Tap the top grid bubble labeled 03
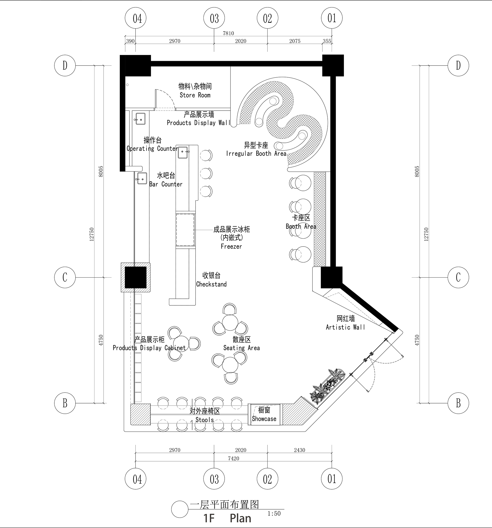(x=214, y=18)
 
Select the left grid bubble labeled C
(x=65, y=278)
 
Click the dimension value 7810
(x=228, y=33)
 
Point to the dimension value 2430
(x=299, y=450)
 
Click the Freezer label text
(x=231, y=247)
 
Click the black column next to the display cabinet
(x=136, y=278)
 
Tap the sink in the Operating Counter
(x=183, y=152)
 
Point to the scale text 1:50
(x=274, y=513)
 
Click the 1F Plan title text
(x=227, y=518)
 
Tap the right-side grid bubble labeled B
(x=458, y=403)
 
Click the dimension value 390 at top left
(x=130, y=41)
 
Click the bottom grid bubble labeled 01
(x=332, y=479)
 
